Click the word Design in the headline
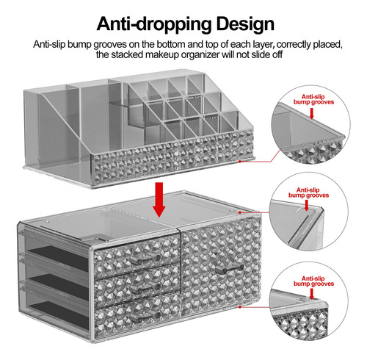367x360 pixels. click(245, 24)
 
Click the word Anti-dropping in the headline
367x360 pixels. click(154, 24)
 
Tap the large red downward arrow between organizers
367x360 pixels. click(159, 200)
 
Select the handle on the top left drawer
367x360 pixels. click(145, 258)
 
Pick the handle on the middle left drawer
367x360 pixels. click(145, 287)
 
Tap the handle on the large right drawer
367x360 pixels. click(230, 269)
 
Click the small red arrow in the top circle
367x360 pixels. click(311, 113)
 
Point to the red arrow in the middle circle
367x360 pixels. click(307, 205)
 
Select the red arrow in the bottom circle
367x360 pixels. click(311, 294)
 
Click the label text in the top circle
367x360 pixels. click(313, 99)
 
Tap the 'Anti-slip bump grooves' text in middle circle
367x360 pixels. click(308, 192)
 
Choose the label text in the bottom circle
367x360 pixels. click(313, 281)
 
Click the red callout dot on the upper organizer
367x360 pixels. click(240, 161)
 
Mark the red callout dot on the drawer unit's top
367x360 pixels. click(240, 212)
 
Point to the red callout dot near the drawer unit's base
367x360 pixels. click(240, 306)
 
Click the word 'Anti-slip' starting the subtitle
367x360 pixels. click(49, 44)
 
